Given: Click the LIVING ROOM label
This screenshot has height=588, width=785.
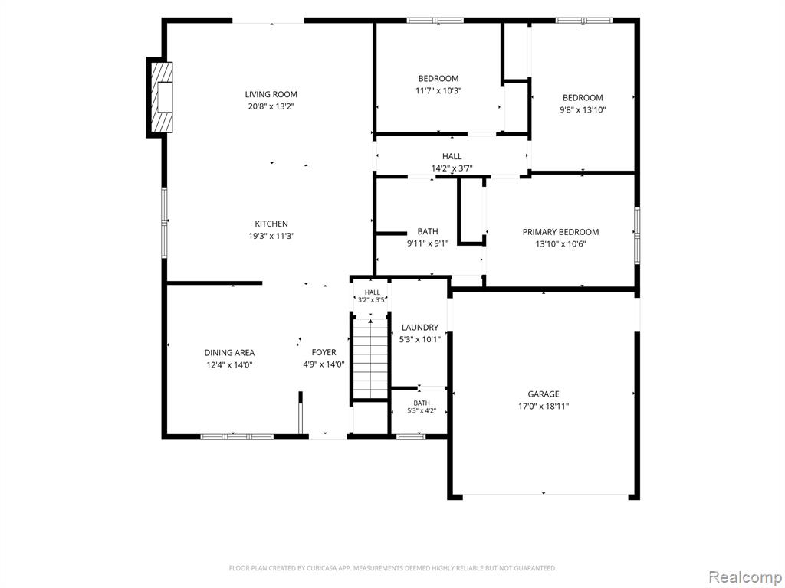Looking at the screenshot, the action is pyautogui.click(x=271, y=94).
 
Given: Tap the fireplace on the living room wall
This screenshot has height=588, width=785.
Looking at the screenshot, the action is pyautogui.click(x=159, y=97).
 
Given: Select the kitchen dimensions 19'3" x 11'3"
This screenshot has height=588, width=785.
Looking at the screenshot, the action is pyautogui.click(x=271, y=236).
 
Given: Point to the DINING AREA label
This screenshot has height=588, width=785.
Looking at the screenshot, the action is pyautogui.click(x=229, y=352).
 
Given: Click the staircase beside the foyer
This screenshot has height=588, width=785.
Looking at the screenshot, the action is pyautogui.click(x=370, y=358).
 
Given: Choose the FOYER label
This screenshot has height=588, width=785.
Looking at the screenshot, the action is pyautogui.click(x=324, y=352).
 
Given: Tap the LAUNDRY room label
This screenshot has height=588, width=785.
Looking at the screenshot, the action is pyautogui.click(x=420, y=328).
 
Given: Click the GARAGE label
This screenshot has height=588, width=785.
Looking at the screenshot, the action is pyautogui.click(x=544, y=394).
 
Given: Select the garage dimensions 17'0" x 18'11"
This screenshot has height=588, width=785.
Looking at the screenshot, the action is pyautogui.click(x=544, y=407).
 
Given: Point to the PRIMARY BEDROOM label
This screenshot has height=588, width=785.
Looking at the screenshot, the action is pyautogui.click(x=560, y=232).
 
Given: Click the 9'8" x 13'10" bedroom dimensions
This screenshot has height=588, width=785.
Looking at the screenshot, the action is pyautogui.click(x=583, y=110).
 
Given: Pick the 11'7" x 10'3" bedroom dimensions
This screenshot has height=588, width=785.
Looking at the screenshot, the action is pyautogui.click(x=438, y=91).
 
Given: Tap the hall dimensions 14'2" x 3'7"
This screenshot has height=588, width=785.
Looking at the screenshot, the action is pyautogui.click(x=452, y=168).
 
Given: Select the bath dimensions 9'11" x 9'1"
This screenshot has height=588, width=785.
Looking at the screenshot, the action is pyautogui.click(x=428, y=243).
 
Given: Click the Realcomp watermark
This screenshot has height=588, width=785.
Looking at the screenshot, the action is pyautogui.click(x=745, y=577).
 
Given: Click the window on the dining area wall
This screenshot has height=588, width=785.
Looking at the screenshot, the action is pyautogui.click(x=237, y=436).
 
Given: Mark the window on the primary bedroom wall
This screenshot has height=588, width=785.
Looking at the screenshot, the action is pyautogui.click(x=637, y=236).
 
